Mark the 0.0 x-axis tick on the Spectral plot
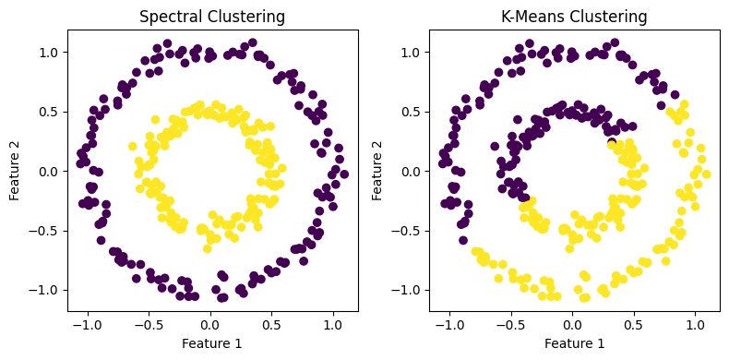tap(210, 325)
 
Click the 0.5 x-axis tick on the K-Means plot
tap(634, 325)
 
